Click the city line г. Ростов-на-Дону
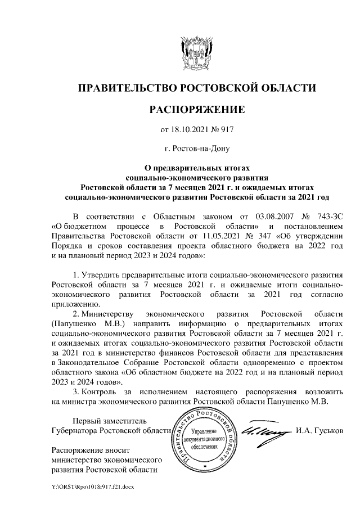(x=196, y=149)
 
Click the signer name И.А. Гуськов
(x=318, y=431)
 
